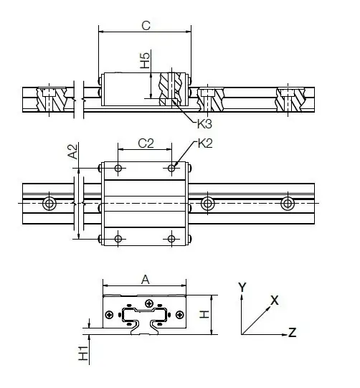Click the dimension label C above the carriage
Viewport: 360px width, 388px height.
146,26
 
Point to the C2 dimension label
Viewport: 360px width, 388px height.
146,143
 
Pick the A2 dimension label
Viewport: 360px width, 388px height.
72,151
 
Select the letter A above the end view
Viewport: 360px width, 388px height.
146,281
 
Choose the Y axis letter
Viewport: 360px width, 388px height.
242,286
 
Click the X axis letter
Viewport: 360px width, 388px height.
274,300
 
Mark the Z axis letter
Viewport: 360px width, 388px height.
292,331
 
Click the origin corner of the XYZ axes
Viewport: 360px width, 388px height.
242,334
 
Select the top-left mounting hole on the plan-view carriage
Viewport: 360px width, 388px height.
118,169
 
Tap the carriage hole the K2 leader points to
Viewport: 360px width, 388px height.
172,169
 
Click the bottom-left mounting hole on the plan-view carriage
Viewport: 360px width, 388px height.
118,238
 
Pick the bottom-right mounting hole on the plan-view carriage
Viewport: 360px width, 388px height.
172,238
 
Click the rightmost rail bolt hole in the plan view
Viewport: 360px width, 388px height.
288,204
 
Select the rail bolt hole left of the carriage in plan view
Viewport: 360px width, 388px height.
49,204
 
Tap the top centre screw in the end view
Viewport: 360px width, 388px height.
148,304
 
